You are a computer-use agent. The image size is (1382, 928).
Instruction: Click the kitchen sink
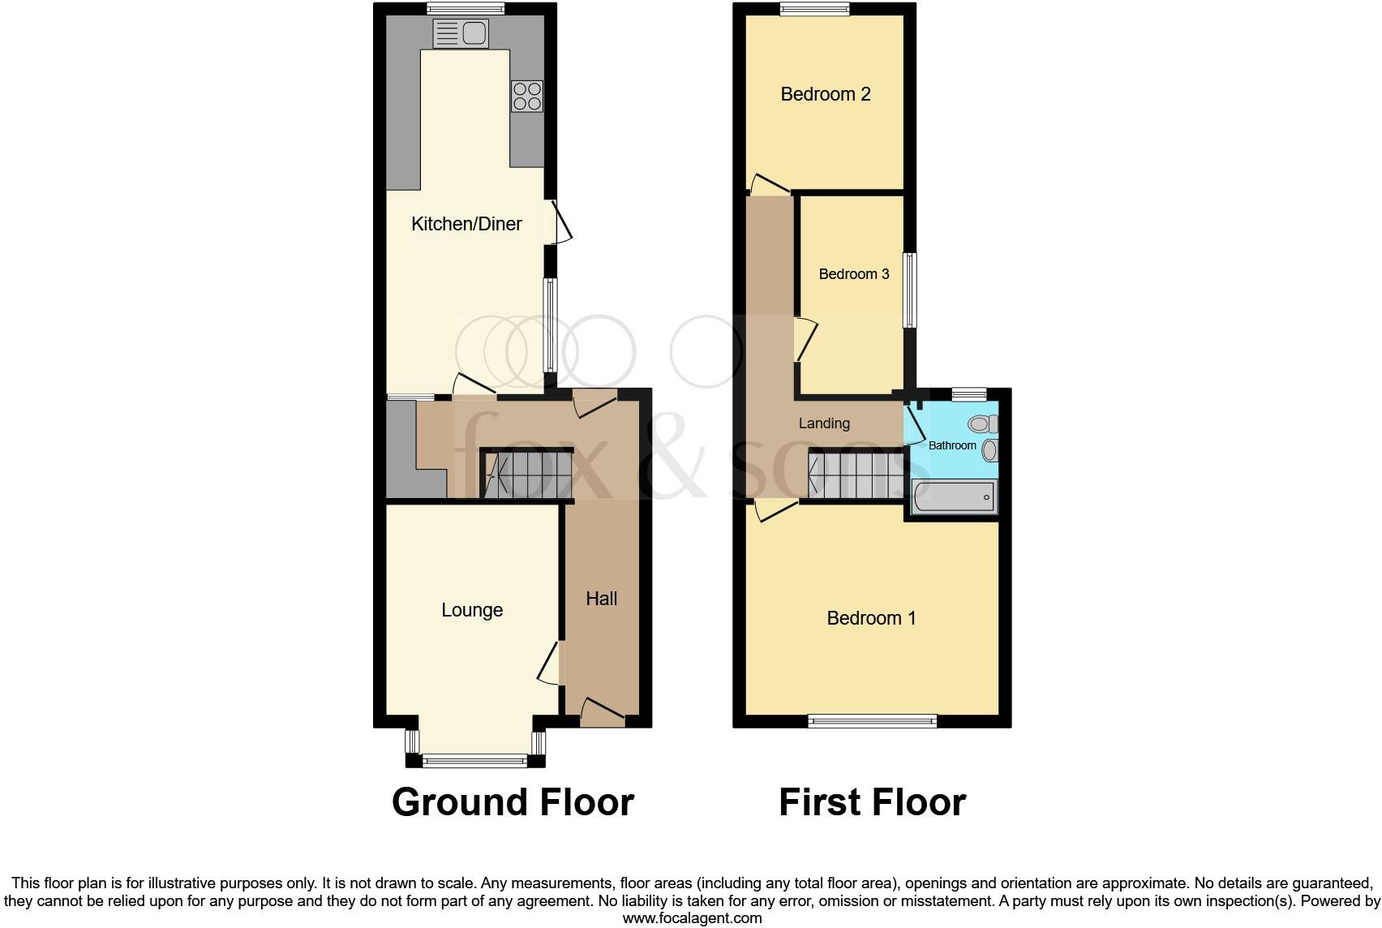(461, 33)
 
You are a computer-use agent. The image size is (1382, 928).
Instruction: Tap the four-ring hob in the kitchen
(526, 96)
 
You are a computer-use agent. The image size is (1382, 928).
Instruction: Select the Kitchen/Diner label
(466, 224)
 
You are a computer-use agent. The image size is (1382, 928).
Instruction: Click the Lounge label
(472, 610)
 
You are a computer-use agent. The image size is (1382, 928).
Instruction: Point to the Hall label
(602, 599)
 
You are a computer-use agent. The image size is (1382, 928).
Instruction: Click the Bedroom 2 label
(826, 94)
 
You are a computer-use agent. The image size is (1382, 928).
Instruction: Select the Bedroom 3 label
(854, 274)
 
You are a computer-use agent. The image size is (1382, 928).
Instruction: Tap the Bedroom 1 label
(871, 618)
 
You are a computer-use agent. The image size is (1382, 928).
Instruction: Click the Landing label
(824, 423)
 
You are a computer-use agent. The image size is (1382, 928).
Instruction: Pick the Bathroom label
(952, 445)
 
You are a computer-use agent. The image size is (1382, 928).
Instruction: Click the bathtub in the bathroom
(954, 496)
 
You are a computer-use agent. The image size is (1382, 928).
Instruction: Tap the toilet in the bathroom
(983, 423)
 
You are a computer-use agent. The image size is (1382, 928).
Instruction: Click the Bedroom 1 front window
(872, 720)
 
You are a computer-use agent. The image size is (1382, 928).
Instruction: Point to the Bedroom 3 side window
(911, 290)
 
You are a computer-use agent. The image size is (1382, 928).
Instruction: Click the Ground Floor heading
(513, 802)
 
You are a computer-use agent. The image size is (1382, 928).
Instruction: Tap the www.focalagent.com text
(692, 918)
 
